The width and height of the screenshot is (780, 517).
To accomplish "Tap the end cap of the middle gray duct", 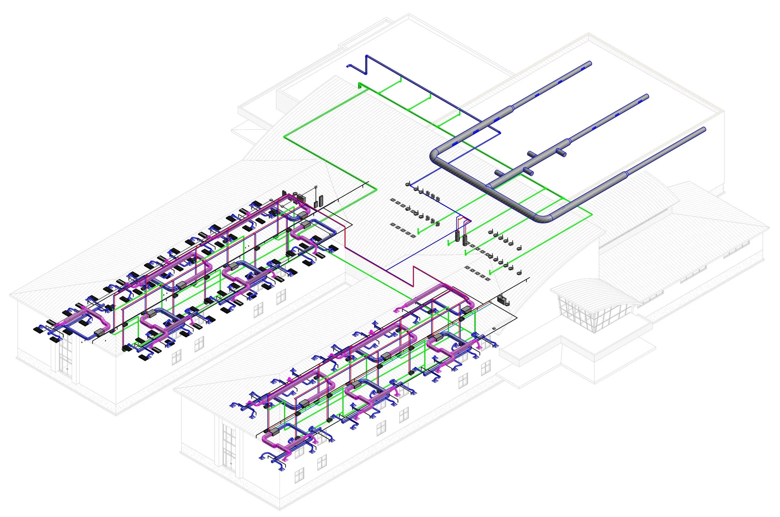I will (647, 96).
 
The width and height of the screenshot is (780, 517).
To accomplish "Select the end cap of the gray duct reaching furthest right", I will (704, 129).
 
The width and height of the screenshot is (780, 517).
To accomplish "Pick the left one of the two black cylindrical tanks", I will (458, 236).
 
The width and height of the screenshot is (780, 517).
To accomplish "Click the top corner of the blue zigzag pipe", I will (367, 56).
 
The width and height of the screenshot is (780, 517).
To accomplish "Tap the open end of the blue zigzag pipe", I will (348, 66).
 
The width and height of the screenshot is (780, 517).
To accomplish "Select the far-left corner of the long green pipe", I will (285, 135).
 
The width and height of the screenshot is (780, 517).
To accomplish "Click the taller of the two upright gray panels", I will (321, 200).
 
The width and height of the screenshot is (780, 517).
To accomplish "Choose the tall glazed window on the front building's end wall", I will (229, 445).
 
